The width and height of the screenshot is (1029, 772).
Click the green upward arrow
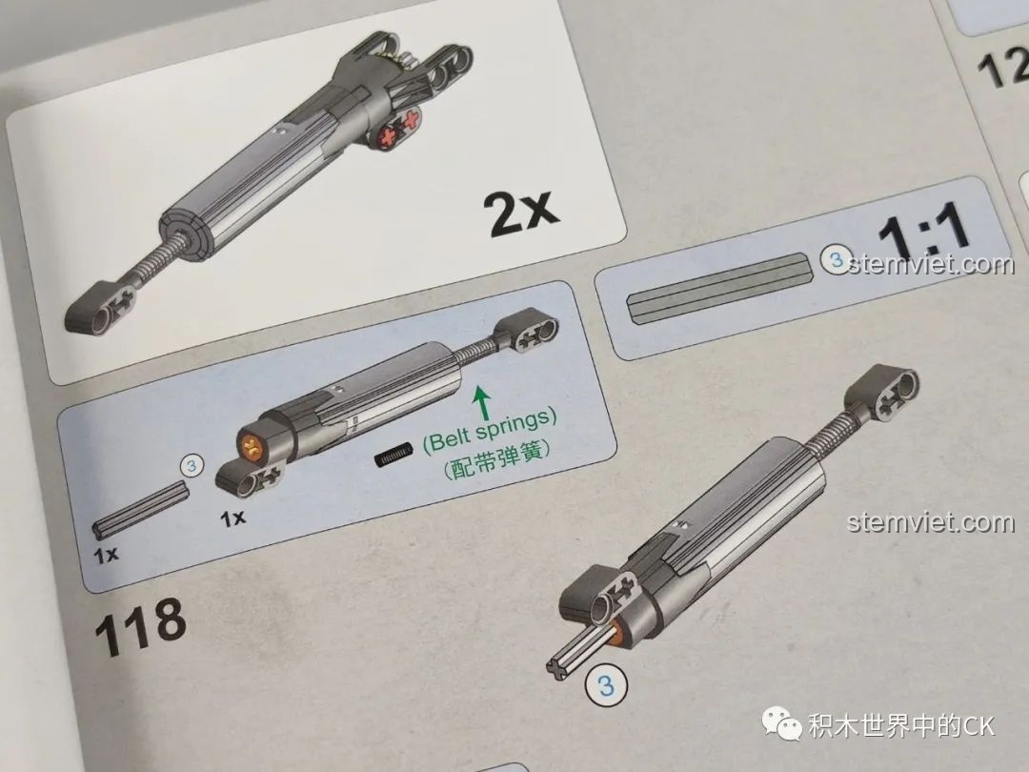pos(481,399)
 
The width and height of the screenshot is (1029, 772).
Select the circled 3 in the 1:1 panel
pos(835,259)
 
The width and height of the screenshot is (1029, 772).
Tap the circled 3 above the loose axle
pos(192,466)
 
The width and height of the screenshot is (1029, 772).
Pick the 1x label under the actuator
pos(232,518)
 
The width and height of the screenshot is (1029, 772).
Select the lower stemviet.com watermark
pos(931,522)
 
